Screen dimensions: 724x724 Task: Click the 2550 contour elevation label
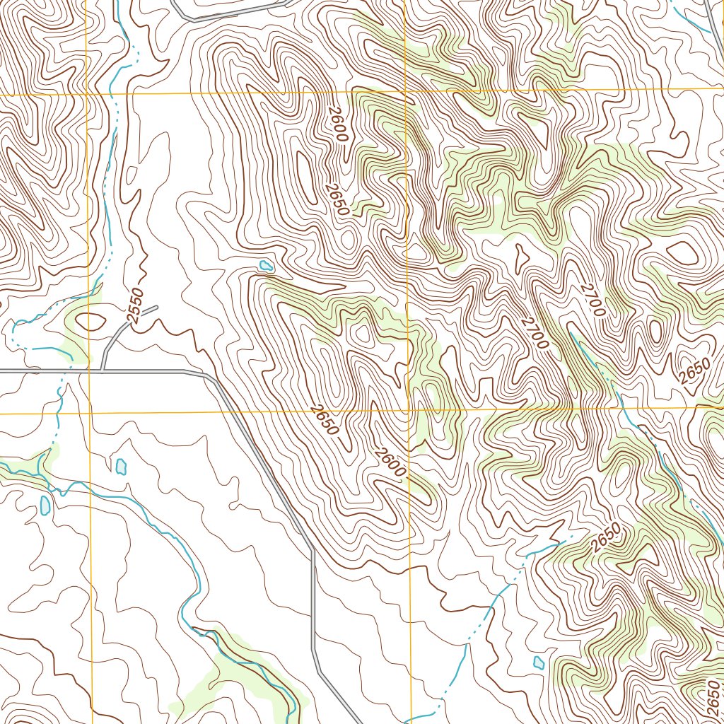tap(136, 305)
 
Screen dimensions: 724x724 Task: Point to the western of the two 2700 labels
tap(535, 332)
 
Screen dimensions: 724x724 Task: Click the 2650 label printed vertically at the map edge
tap(713, 696)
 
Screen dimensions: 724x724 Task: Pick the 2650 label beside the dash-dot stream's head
tap(606, 537)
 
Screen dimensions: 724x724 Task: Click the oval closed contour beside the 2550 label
tap(92, 322)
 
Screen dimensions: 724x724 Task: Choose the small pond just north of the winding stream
tap(120, 467)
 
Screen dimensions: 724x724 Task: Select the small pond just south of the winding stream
tap(45, 505)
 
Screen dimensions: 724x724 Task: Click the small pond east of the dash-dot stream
tap(539, 662)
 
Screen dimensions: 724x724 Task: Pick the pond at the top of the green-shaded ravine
tap(266, 266)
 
